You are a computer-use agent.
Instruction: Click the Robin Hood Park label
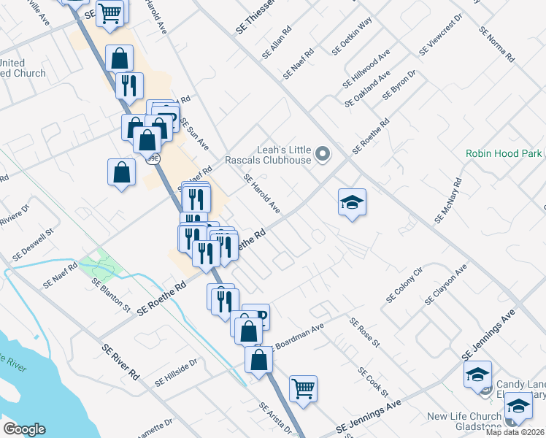tap(504, 154)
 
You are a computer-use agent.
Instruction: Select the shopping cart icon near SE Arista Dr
tap(303, 388)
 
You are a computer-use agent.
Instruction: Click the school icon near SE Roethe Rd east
tap(352, 202)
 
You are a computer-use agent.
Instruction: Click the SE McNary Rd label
tap(448, 201)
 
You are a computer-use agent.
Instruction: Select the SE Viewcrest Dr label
tap(441, 35)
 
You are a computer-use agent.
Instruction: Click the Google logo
tap(24, 429)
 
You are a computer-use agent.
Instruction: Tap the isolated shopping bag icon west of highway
tap(121, 173)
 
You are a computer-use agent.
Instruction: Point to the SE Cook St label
tap(372, 382)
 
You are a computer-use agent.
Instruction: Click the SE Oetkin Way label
tap(357, 33)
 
